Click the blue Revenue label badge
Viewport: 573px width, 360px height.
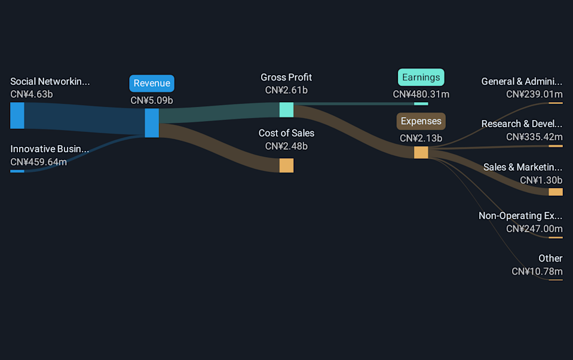[152, 84]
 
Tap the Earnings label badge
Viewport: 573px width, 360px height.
[421, 78]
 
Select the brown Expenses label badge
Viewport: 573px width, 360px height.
[421, 121]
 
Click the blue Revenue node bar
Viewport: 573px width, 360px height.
[152, 123]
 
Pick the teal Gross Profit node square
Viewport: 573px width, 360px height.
[286, 110]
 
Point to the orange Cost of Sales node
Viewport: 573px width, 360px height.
[286, 165]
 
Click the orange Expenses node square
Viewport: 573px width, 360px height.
[421, 152]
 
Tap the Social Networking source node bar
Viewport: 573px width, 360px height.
[17, 115]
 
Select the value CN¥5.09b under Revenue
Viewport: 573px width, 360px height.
[152, 100]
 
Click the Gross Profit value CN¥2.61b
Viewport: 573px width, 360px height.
[286, 90]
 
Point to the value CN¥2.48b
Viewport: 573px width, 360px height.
[286, 146]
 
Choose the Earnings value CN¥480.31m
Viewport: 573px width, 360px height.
[421, 94]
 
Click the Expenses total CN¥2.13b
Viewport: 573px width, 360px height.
[421, 139]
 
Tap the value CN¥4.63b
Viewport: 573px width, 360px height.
[32, 94]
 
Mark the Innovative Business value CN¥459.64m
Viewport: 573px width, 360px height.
[39, 162]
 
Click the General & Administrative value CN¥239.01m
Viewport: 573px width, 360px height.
[534, 94]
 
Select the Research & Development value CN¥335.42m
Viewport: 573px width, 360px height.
[534, 137]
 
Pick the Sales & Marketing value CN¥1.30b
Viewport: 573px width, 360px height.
[541, 180]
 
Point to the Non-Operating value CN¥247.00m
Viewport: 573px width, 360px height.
[534, 229]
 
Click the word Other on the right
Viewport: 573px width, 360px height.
[550, 259]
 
